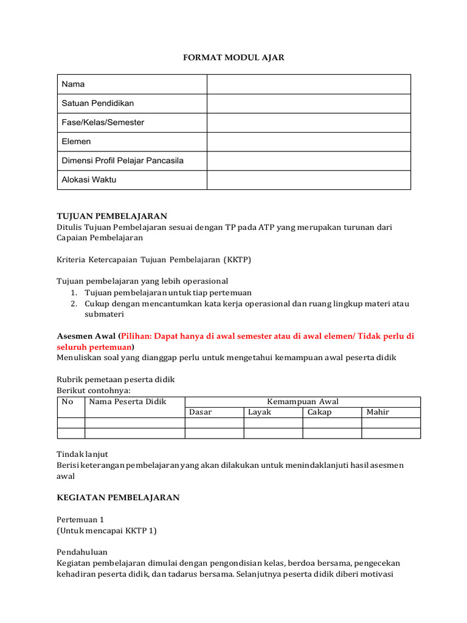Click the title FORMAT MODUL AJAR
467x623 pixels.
(234, 57)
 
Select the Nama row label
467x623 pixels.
(73, 84)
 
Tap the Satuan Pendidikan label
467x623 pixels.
(97, 103)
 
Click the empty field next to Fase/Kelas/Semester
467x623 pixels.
(308, 122)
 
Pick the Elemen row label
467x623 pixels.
(76, 142)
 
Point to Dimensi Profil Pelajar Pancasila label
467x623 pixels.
(122, 161)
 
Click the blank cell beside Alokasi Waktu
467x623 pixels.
(308, 180)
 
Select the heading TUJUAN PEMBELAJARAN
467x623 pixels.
(111, 216)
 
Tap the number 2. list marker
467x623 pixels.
(73, 304)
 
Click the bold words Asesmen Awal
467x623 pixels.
(86, 336)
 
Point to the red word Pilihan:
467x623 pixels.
(140, 336)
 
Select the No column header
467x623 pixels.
(67, 402)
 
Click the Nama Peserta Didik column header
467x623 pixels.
(128, 402)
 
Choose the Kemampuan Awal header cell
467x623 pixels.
(302, 402)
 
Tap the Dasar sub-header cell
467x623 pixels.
(201, 412)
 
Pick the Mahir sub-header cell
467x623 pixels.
(378, 412)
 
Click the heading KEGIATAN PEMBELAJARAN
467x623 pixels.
(118, 498)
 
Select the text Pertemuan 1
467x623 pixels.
(81, 520)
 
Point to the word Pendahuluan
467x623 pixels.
(82, 552)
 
